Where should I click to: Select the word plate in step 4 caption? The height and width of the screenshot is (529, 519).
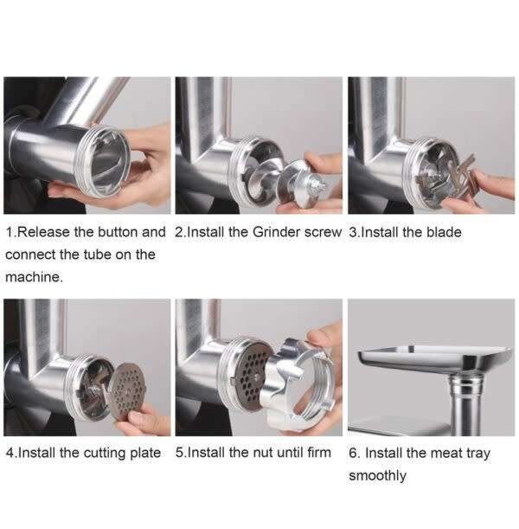coord(142,453)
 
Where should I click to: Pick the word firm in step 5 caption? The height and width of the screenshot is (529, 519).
coord(316,453)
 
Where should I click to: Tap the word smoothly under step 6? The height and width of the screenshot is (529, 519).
coord(377,475)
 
